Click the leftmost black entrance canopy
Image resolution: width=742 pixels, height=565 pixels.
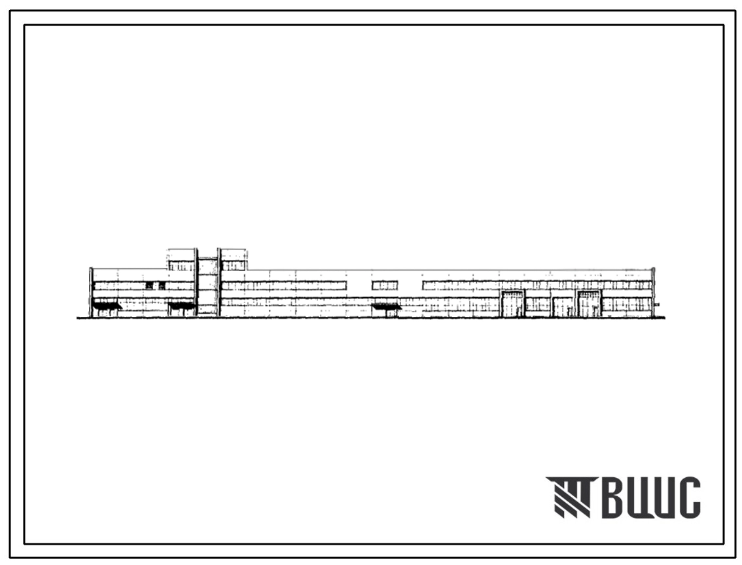pos(107,306)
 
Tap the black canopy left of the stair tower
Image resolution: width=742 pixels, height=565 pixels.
pos(182,306)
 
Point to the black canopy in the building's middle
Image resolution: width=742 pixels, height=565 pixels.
pos(386,307)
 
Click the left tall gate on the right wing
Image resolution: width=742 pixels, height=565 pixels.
pos(513,304)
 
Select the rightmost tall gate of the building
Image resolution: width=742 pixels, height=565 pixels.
pos(589,304)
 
